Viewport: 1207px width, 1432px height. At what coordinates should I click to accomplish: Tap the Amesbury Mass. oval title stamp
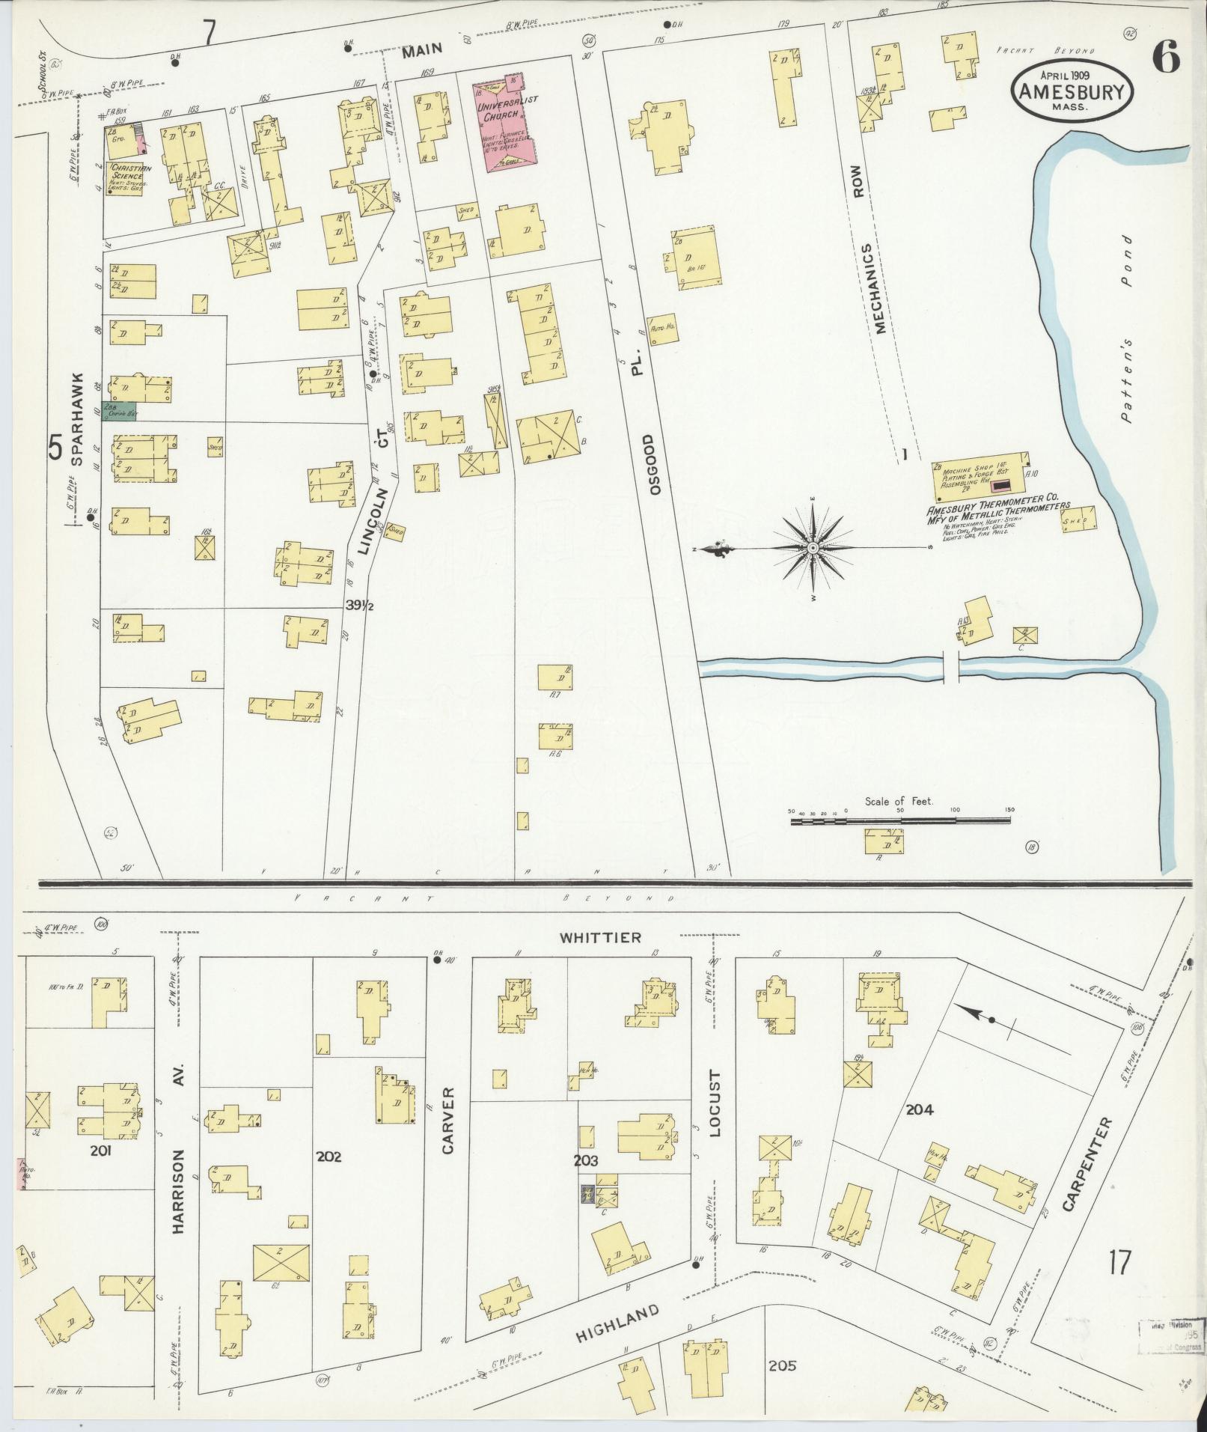[1072, 89]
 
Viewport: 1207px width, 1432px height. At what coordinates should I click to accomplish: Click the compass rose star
[813, 549]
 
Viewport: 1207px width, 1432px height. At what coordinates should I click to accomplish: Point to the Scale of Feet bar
[899, 821]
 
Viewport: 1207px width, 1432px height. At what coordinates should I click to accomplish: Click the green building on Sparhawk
[118, 411]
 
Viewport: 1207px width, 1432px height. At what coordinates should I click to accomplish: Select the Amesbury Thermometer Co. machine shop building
[979, 477]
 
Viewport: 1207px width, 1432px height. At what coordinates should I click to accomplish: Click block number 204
[919, 1110]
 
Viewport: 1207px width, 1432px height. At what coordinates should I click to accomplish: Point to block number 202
[329, 1177]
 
